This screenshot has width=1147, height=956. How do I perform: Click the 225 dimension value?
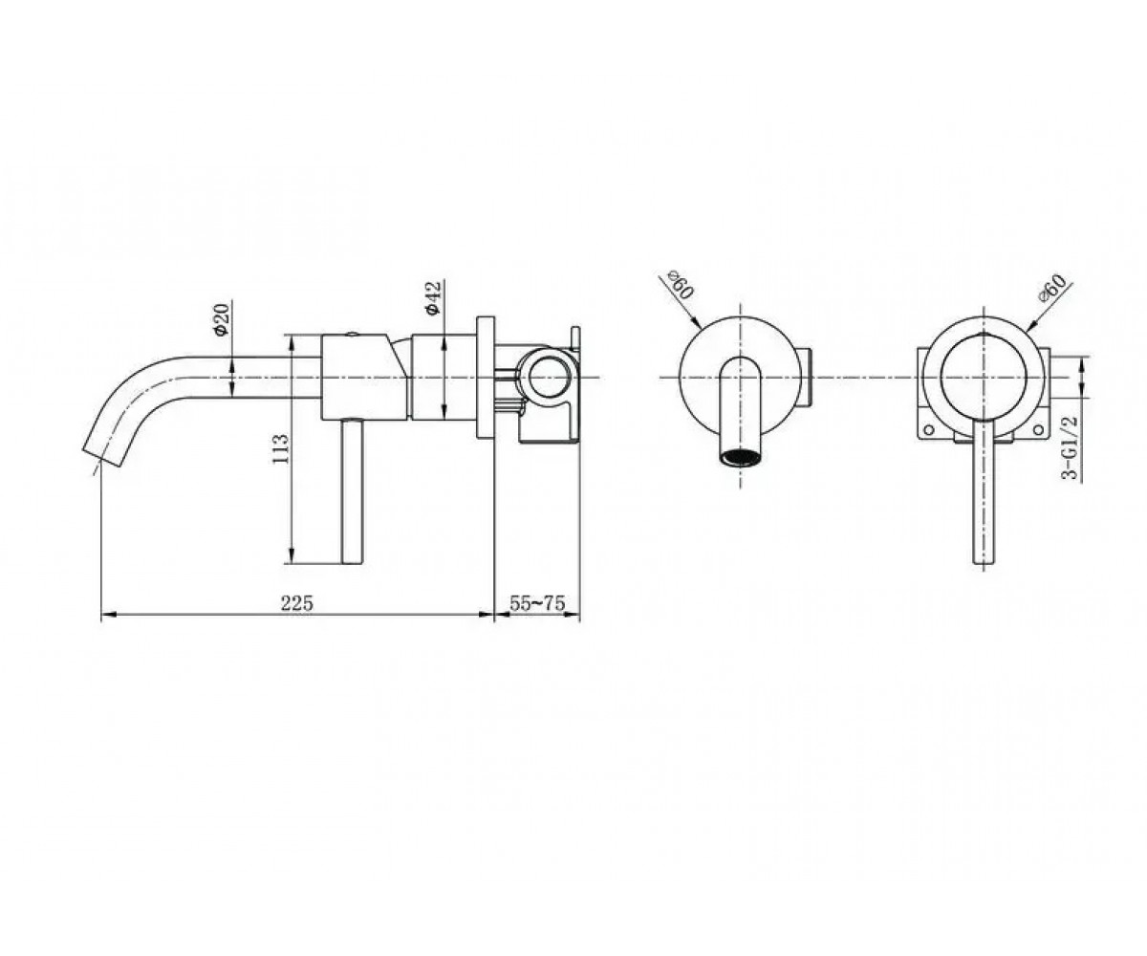tap(296, 603)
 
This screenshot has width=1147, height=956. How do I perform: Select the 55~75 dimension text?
tap(536, 603)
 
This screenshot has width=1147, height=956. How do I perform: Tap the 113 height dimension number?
tap(280, 449)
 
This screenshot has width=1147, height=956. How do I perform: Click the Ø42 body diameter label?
tap(433, 298)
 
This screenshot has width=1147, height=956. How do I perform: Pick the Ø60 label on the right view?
tap(1052, 287)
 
